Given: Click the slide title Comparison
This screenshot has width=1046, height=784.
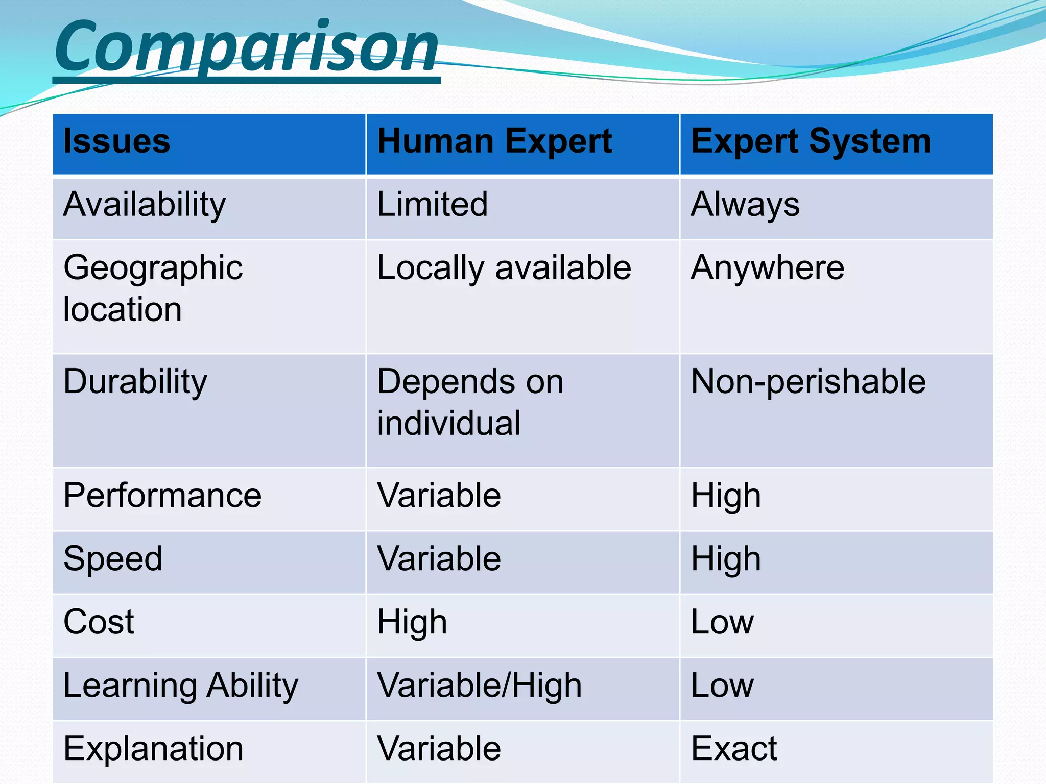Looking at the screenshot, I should click(246, 47).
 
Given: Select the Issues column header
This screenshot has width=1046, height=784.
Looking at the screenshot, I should click(116, 141).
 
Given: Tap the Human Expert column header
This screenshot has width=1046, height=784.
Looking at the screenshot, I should click(494, 141).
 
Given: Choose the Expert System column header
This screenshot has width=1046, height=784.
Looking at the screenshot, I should click(811, 141).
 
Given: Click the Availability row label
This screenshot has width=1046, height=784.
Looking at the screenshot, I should click(145, 205).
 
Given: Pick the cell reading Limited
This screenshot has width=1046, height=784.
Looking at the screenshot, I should click(432, 204).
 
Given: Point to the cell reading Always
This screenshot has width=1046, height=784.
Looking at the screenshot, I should click(745, 205).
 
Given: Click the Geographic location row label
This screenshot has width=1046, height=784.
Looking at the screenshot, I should click(153, 288).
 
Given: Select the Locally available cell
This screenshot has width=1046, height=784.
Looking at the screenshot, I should click(504, 268).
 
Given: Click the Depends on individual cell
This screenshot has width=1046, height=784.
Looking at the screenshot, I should click(470, 402).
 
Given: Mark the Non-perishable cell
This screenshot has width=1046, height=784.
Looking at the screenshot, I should click(808, 382).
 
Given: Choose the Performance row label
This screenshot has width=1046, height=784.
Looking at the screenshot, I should click(162, 496).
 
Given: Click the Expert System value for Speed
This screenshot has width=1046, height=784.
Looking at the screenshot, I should click(726, 559).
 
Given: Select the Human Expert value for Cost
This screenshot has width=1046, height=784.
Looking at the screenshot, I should click(412, 623).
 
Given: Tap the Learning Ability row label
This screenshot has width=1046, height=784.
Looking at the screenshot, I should click(181, 686).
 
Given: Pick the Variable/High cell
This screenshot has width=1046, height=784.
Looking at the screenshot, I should click(479, 685).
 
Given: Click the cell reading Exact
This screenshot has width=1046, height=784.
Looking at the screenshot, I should click(733, 749).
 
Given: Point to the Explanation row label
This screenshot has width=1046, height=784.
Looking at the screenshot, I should click(153, 749).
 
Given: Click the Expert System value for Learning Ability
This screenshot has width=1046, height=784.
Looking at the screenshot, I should click(722, 685).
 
